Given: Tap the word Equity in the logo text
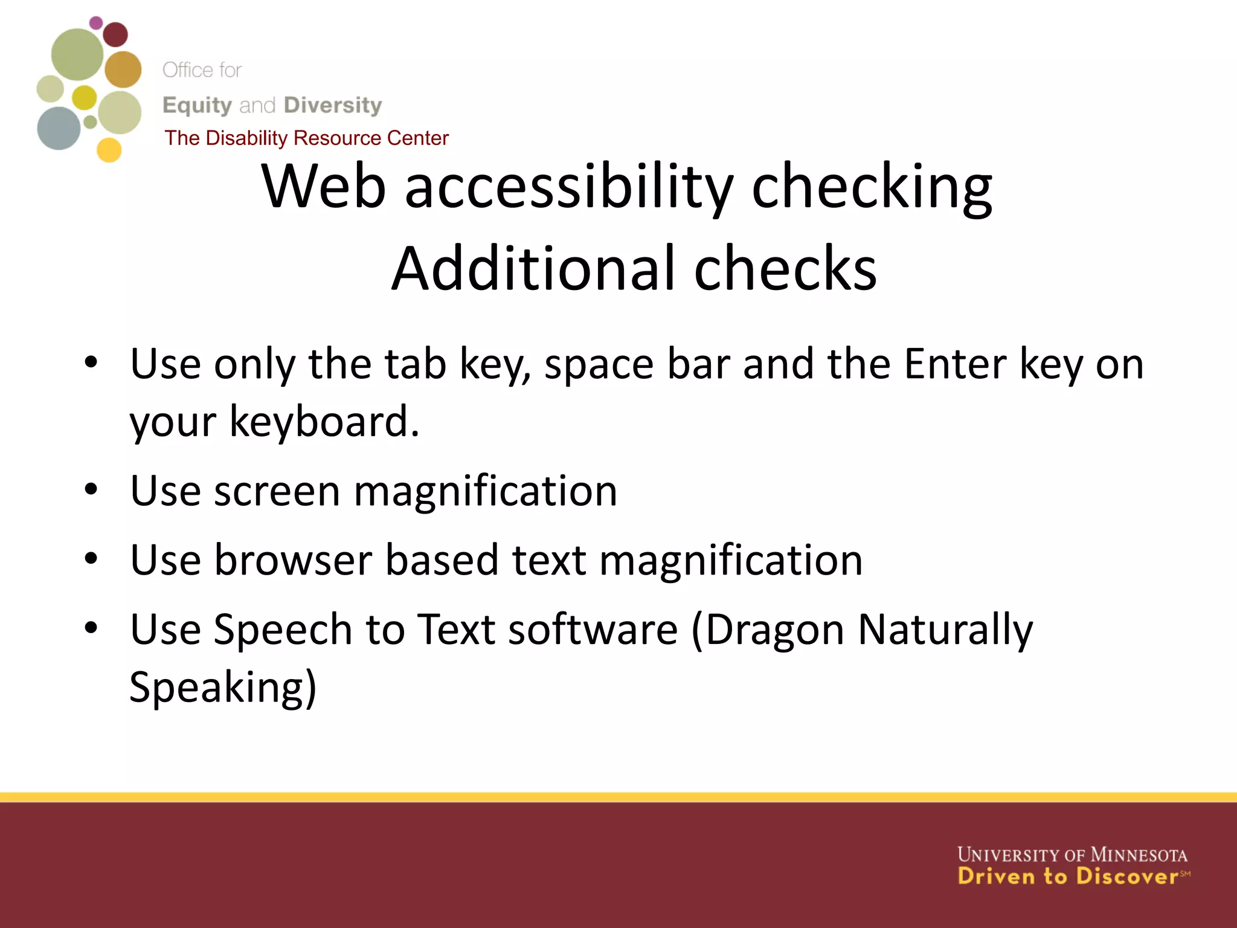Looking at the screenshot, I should (197, 105).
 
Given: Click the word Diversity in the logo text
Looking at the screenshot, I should (333, 105).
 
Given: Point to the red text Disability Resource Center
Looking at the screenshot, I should (327, 138).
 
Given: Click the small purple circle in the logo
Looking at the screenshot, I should (95, 23).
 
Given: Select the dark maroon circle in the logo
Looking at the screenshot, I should (115, 34).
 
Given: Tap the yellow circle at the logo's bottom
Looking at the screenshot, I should (109, 150).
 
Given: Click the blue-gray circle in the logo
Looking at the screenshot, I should (59, 128).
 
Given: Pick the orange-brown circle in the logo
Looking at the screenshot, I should (123, 69).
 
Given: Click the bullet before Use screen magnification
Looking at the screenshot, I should (91, 490).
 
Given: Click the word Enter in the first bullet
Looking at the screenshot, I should (955, 364).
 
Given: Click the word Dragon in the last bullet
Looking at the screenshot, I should (774, 630).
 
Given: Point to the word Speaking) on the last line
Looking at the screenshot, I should (223, 688).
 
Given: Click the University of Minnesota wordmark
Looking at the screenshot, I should (1072, 855).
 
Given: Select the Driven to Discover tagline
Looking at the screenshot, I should (1068, 877).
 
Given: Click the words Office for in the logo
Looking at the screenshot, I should (202, 70).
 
